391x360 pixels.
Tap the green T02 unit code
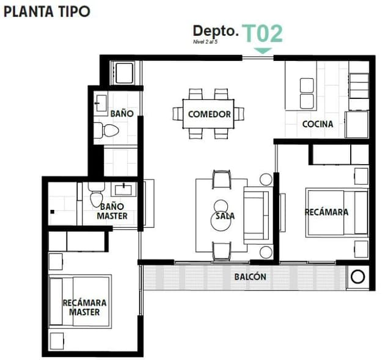click(263, 33)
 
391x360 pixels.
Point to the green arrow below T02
click(263, 51)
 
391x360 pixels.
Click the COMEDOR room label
click(210, 114)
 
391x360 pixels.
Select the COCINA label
click(318, 124)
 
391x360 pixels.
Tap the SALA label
click(225, 216)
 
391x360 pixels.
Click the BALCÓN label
click(250, 277)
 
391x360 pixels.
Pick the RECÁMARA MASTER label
click(84, 307)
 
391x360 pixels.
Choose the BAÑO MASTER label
click(112, 211)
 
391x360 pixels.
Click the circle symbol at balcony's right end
click(357, 277)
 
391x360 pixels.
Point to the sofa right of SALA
click(257, 215)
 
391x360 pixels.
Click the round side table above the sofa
click(266, 179)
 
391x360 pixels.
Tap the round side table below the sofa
click(266, 252)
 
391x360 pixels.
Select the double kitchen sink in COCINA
click(307, 92)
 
